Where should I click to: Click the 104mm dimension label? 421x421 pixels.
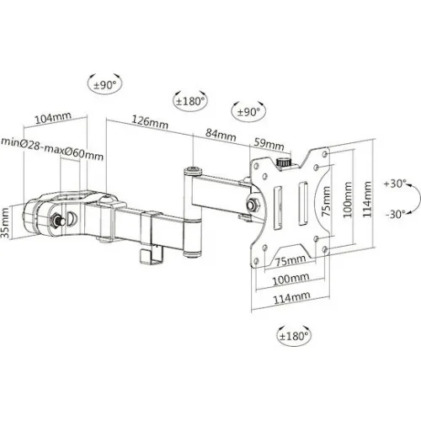pyautogui.click(x=53, y=118)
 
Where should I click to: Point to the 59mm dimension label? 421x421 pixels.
pyautogui.click(x=269, y=144)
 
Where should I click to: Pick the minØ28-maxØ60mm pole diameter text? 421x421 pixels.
pyautogui.click(x=52, y=149)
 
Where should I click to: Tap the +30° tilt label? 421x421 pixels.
pyautogui.click(x=395, y=184)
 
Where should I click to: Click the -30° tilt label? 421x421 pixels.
pyautogui.click(x=396, y=214)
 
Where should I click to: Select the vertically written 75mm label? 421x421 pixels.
pyautogui.click(x=326, y=201)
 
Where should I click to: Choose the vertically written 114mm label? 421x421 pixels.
pyautogui.click(x=367, y=200)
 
